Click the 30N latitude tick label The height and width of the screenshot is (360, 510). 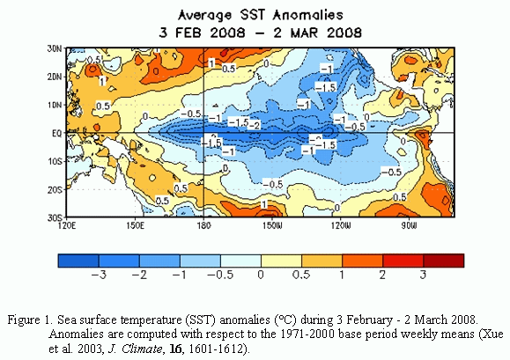click(x=55, y=48)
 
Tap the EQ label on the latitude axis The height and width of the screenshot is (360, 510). click(x=56, y=133)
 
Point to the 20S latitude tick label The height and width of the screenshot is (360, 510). click(x=55, y=190)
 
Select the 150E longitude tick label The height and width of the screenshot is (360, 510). click(x=135, y=225)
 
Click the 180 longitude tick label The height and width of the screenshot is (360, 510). click(x=204, y=225)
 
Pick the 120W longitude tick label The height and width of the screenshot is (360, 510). click(x=341, y=225)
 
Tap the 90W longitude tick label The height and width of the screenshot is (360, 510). click(x=409, y=225)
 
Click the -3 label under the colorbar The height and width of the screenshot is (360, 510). click(x=99, y=276)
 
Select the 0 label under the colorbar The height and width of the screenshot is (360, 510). click(x=261, y=276)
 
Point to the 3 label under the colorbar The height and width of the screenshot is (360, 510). click(x=423, y=276)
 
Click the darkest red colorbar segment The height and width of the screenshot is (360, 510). click(x=444, y=261)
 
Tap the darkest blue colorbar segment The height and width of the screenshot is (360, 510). click(x=78, y=261)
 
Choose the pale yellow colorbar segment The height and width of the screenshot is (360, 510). click(x=281, y=261)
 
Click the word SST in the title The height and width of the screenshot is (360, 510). click(x=253, y=15)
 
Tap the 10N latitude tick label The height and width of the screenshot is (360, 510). click(x=55, y=106)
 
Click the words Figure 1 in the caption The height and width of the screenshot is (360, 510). click(x=30, y=320)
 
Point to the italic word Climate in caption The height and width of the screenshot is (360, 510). click(x=142, y=349)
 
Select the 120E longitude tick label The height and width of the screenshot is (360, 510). click(x=67, y=225)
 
